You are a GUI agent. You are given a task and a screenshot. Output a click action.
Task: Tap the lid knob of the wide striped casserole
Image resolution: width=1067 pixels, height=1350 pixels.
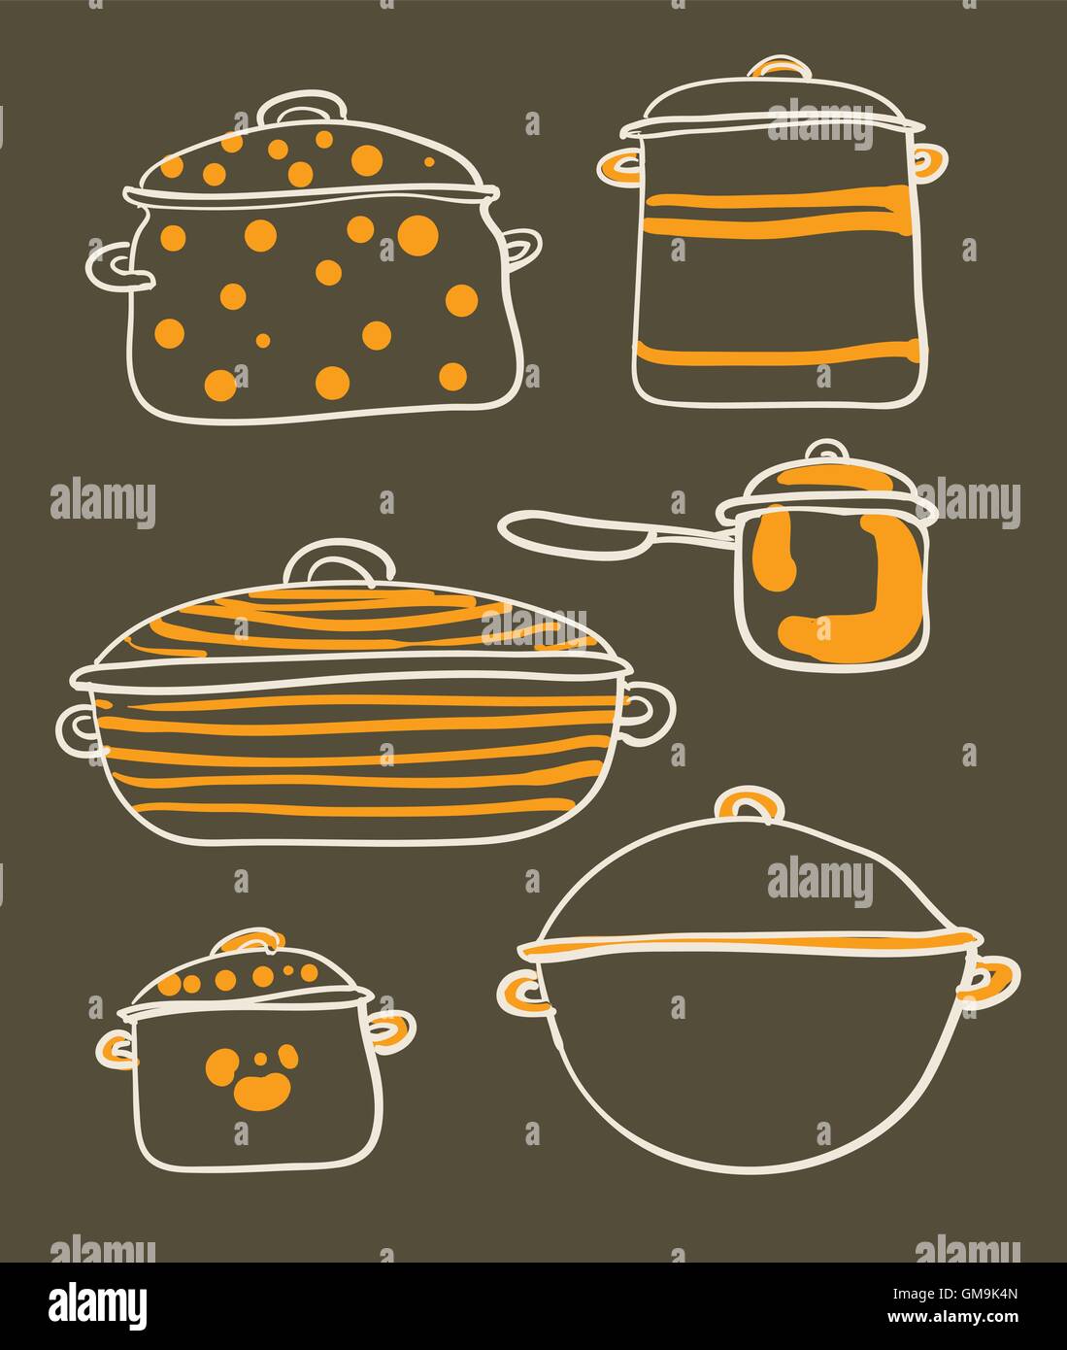point(339,561)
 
